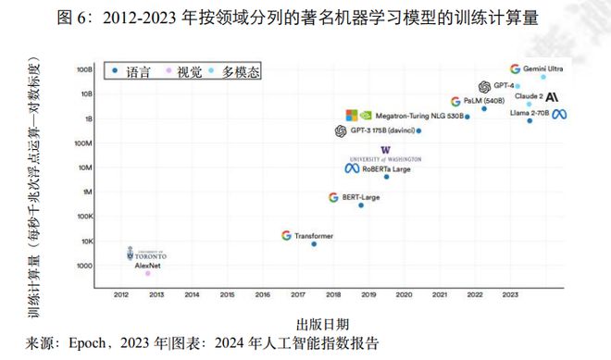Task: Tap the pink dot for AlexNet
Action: [x=147, y=273]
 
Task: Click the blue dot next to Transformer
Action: [x=314, y=243]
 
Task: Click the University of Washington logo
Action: [x=385, y=154]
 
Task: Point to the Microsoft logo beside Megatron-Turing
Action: [x=352, y=116]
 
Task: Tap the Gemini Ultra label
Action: [x=548, y=68]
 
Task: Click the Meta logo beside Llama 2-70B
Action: [x=559, y=113]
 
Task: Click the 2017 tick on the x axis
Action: [x=297, y=294]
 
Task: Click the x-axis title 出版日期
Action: [x=322, y=323]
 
